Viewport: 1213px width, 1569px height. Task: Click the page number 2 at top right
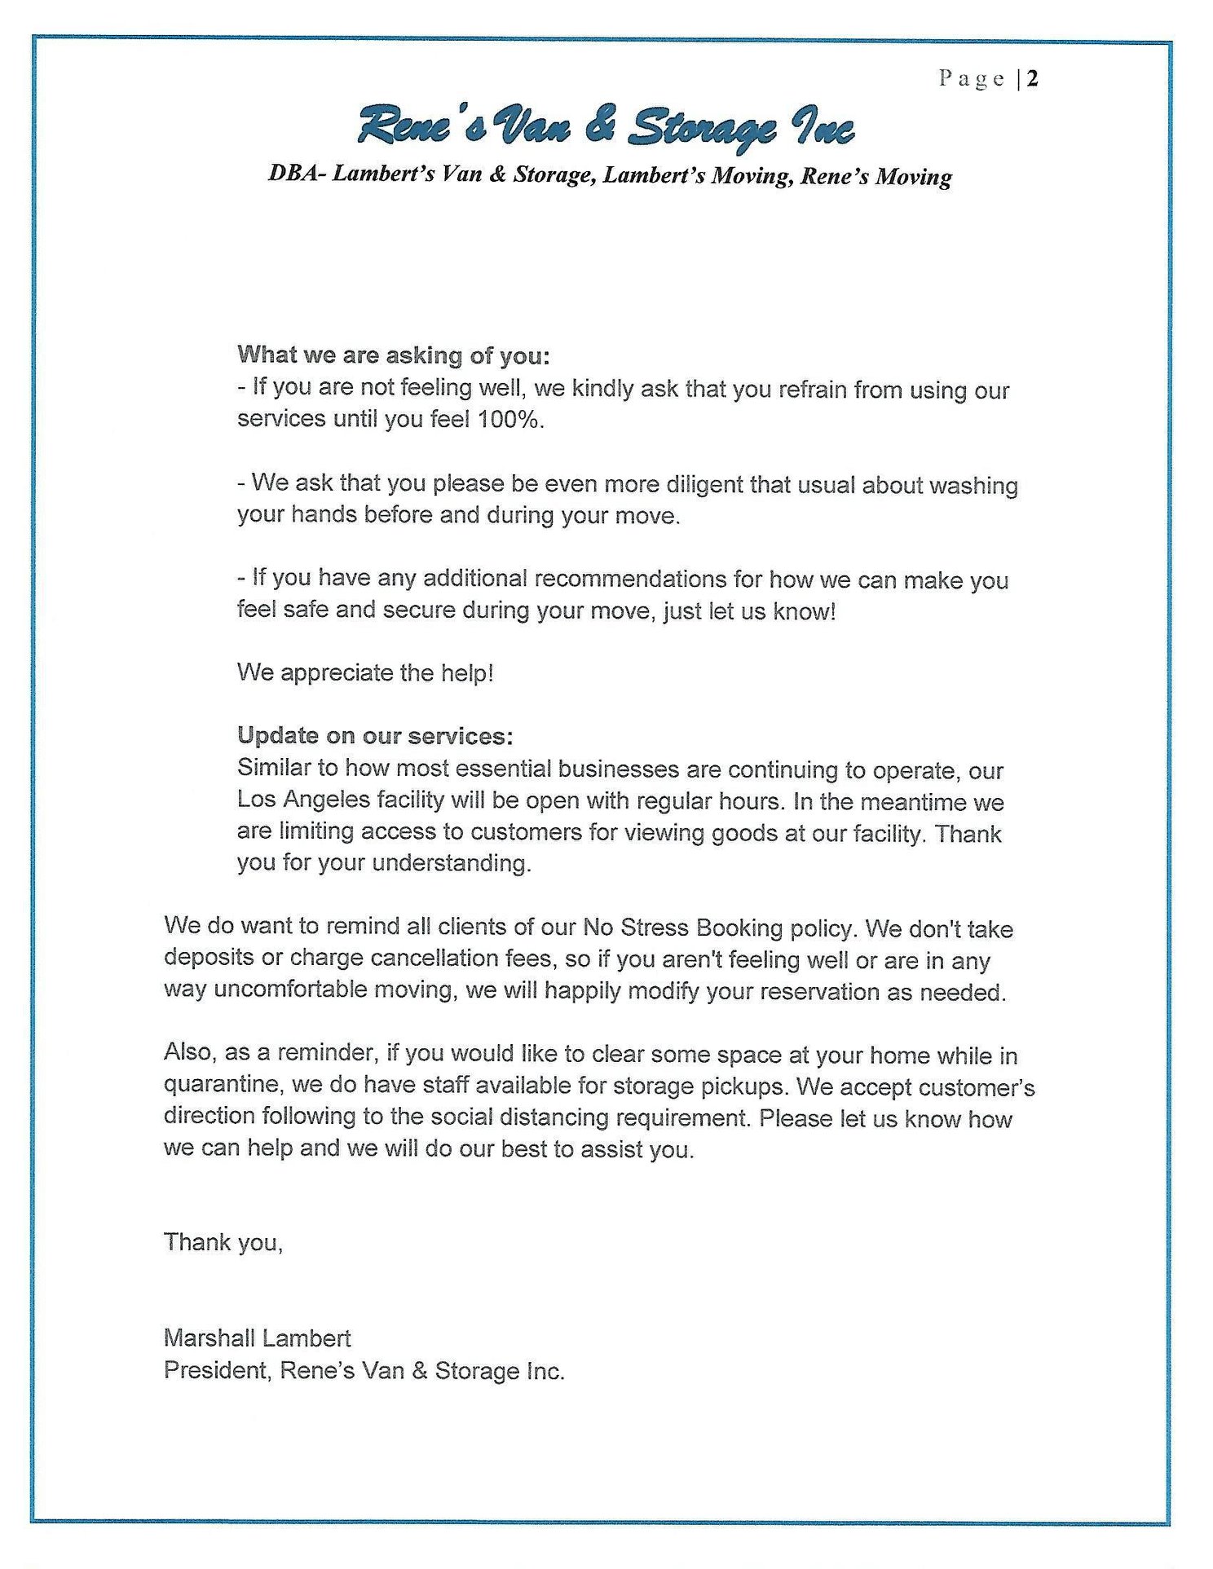click(x=1032, y=79)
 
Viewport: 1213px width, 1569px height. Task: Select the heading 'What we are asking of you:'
click(x=394, y=355)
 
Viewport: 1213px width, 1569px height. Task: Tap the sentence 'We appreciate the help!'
click(x=365, y=673)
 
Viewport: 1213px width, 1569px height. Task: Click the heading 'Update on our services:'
click(x=375, y=736)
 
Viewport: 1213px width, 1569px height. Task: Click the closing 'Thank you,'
click(x=223, y=1242)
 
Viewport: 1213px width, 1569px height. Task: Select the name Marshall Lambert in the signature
click(x=257, y=1338)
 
